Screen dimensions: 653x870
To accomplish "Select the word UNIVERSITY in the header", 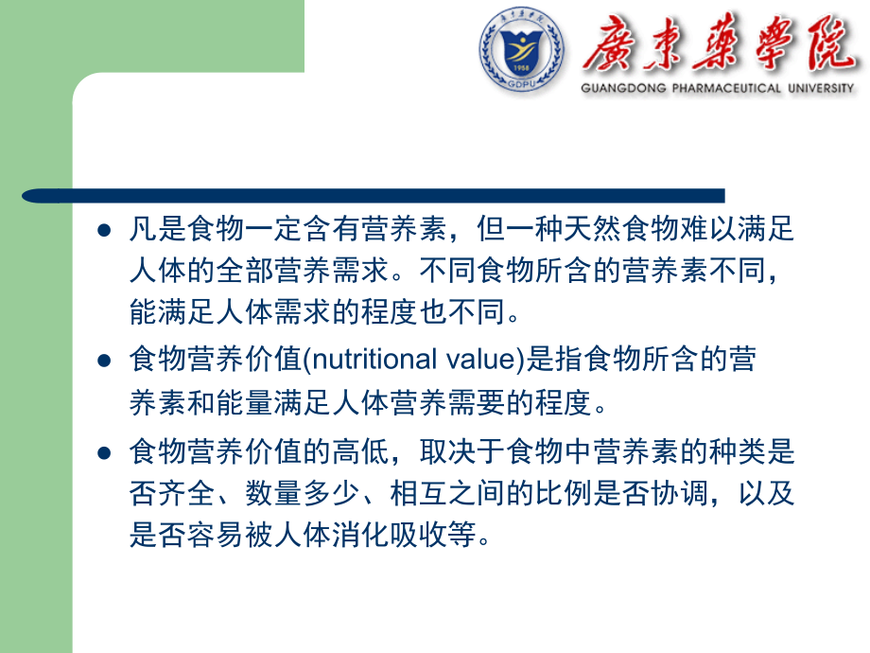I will click(820, 88).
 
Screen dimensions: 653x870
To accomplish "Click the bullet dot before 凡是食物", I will click(105, 230).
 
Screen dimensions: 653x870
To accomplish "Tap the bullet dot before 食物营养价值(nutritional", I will click(105, 361).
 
